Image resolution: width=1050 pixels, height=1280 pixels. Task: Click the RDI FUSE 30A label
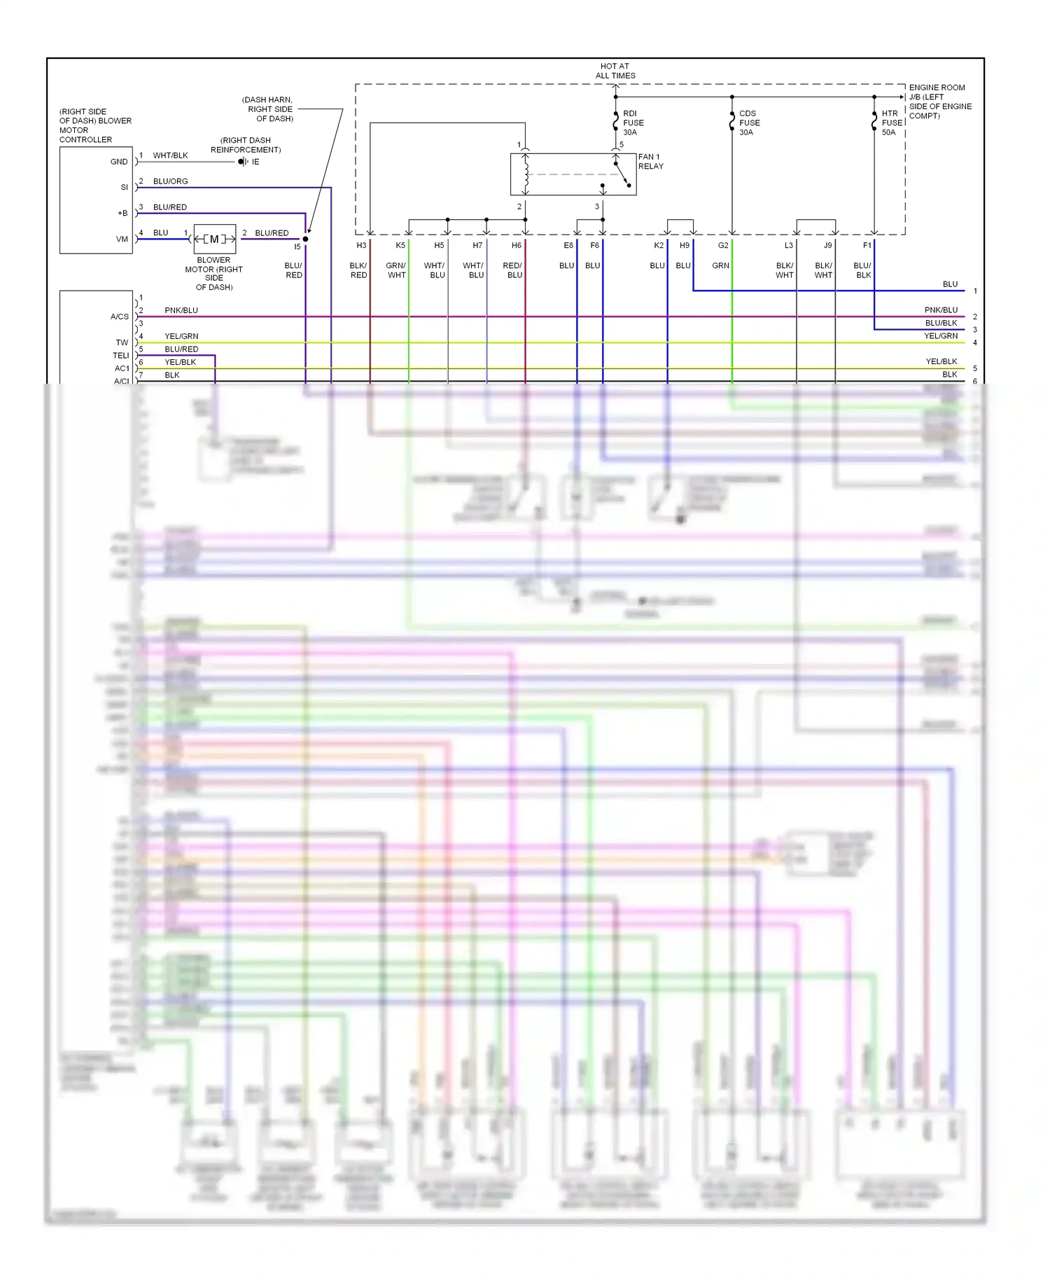633,123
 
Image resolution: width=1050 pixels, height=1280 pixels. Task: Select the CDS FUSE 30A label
749,123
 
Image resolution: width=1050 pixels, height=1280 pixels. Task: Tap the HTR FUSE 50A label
891,123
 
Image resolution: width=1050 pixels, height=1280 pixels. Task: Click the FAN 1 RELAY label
650,162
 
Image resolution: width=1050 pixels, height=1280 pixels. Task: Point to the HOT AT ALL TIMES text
615,71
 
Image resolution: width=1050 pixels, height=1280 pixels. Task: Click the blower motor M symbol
214,239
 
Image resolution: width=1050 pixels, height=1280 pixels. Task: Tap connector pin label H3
361,246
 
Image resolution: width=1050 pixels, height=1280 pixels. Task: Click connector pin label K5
400,246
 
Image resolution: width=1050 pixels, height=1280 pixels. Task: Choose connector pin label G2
723,246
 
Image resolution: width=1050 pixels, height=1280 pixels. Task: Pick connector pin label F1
867,246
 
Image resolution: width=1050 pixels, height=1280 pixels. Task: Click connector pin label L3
789,246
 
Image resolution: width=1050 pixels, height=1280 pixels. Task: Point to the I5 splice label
297,247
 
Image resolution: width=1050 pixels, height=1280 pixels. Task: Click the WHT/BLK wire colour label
170,155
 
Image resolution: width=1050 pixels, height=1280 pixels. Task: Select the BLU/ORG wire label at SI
170,181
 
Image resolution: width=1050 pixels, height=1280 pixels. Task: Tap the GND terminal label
119,162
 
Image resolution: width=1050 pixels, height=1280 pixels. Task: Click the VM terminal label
122,239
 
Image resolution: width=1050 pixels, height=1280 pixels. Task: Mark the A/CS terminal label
120,316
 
